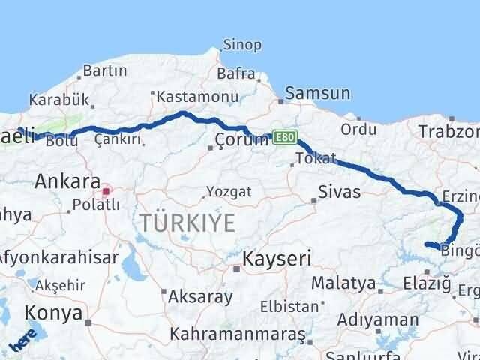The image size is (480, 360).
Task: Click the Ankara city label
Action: tap(67, 181)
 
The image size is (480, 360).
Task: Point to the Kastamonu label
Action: tap(197, 97)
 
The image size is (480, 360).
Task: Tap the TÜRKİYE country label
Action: tap(187, 223)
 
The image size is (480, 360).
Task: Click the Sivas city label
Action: tap(339, 192)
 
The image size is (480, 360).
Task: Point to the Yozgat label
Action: tap(229, 191)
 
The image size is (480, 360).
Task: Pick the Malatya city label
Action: tap(343, 283)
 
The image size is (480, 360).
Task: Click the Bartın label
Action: tap(105, 70)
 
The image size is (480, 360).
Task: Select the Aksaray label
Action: tap(200, 296)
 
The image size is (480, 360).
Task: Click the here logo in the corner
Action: tap(23, 341)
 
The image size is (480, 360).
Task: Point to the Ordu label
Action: tap(358, 129)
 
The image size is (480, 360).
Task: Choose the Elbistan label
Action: tap(289, 306)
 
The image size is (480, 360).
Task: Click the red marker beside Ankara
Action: tap(106, 190)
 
